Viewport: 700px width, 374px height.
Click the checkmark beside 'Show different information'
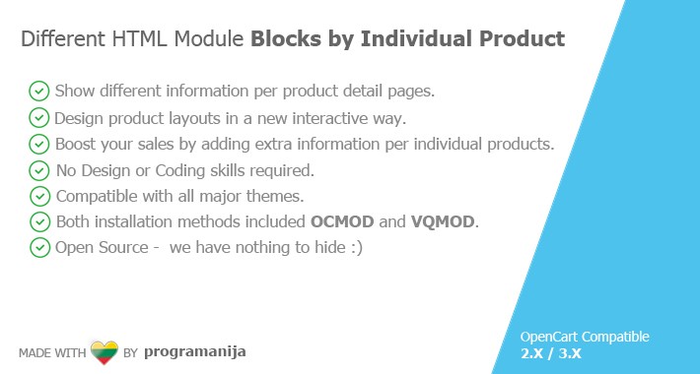coord(39,92)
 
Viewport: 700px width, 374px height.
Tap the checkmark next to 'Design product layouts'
coord(39,118)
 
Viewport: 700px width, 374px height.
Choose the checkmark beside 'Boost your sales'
coord(39,144)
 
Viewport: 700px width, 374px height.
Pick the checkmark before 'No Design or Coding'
coord(39,170)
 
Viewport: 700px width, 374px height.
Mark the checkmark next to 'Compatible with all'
coord(39,196)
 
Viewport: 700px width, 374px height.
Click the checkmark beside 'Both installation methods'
coord(39,221)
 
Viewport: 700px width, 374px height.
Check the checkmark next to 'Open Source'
coord(39,247)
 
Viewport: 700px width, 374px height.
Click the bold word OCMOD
coord(343,221)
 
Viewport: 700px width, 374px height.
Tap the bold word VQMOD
coord(444,221)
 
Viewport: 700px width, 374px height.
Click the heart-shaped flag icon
coord(105,351)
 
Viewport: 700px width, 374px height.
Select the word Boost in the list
coord(78,144)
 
